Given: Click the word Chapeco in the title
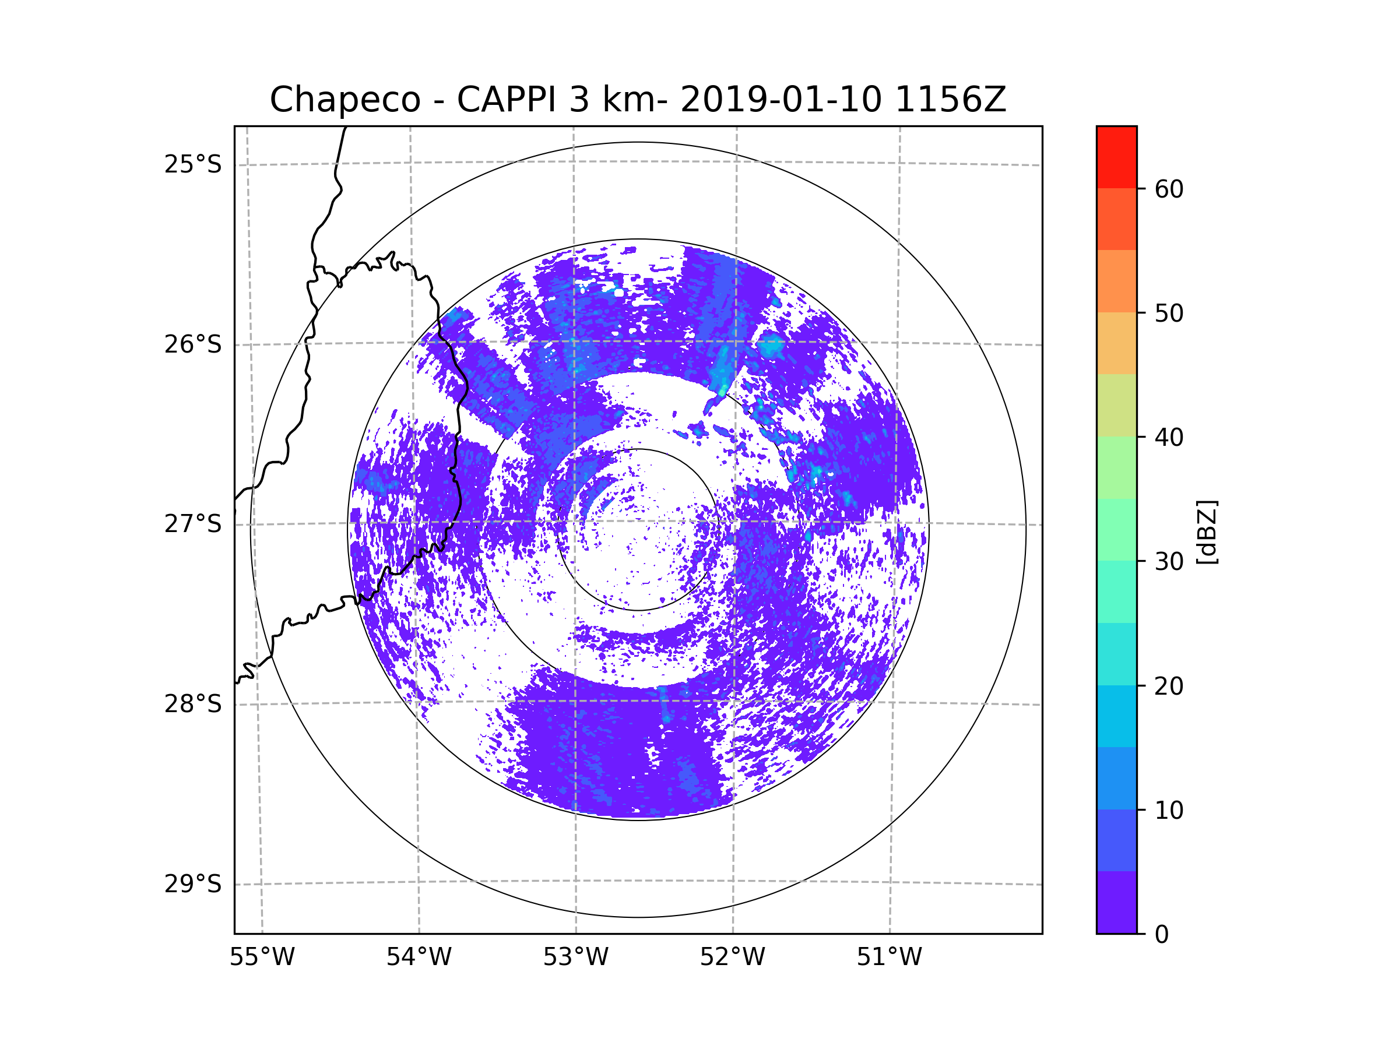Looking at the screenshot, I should pyautogui.click(x=345, y=100).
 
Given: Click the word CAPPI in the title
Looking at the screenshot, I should pyautogui.click(x=507, y=100).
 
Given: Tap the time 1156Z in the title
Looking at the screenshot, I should pyautogui.click(x=950, y=100).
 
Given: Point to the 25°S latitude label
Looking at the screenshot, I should pyautogui.click(x=193, y=164).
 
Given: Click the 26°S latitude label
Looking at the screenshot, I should pyautogui.click(x=193, y=344).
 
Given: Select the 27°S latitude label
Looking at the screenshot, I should pyautogui.click(x=193, y=524).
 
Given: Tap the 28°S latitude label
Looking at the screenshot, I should pyautogui.click(x=193, y=704).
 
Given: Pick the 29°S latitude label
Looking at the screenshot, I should pyautogui.click(x=193, y=884).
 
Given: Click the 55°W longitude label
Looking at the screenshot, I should pyautogui.click(x=262, y=958).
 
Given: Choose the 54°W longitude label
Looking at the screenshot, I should pyautogui.click(x=419, y=958).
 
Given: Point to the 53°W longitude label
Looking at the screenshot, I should pyautogui.click(x=575, y=958).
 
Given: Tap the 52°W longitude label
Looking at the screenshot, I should pyautogui.click(x=732, y=958).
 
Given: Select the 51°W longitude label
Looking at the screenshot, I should pyautogui.click(x=889, y=958).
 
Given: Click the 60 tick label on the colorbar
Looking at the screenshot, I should pyautogui.click(x=1169, y=189).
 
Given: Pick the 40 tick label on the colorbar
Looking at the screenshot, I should pyautogui.click(x=1169, y=438).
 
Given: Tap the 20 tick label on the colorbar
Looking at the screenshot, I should pyautogui.click(x=1169, y=686).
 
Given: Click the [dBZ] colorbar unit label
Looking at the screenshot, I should pyautogui.click(x=1207, y=531).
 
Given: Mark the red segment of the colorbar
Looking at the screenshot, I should pyautogui.click(x=1116, y=157).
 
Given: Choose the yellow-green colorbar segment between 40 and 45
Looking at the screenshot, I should pyautogui.click(x=1116, y=405).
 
